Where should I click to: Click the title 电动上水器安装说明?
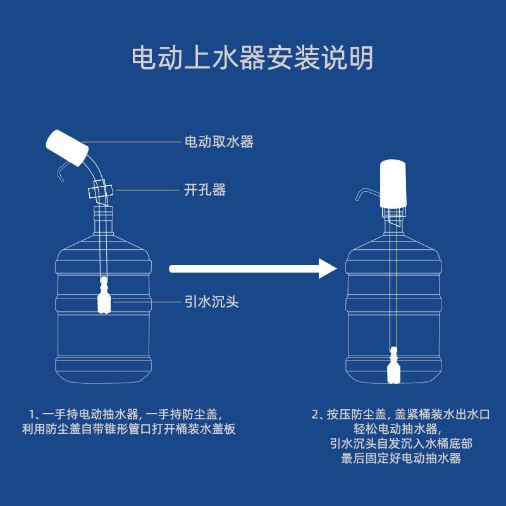pos(252,58)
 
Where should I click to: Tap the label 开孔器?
pos(205,190)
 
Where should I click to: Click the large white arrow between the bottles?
pos(253,268)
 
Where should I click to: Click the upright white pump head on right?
pos(393,184)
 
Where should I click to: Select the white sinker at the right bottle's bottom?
pos(393,367)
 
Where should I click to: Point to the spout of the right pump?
pos(364,192)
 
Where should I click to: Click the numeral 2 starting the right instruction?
pos(315,415)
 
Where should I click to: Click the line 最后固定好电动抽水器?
pos(401,459)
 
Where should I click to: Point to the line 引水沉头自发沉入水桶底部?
pos(401,444)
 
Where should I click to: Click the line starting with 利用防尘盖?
pos(127,429)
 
